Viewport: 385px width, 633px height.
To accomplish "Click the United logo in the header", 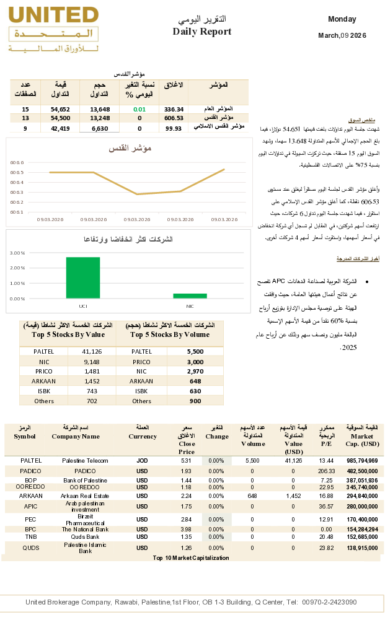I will click(x=53, y=30).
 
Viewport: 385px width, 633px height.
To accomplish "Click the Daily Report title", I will click(x=201, y=32).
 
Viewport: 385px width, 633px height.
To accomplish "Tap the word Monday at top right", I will click(x=342, y=20).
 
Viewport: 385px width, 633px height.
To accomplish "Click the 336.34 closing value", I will click(x=174, y=109).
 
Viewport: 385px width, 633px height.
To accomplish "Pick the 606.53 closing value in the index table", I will click(x=174, y=118).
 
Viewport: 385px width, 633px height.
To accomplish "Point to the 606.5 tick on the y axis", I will click(x=17, y=172).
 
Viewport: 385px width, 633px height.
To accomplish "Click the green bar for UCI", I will click(x=83, y=277).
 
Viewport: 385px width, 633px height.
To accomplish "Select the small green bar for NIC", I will click(x=190, y=295).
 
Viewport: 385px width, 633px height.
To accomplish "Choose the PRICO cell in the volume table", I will click(x=142, y=362).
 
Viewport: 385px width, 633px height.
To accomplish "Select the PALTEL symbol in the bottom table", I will click(x=31, y=461).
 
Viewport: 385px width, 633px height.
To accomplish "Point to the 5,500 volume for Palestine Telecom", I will click(x=252, y=461).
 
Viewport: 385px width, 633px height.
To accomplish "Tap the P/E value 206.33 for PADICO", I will click(x=326, y=471).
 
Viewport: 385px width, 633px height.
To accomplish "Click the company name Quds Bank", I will click(x=85, y=536).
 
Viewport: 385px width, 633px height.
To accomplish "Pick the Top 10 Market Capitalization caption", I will click(x=191, y=558).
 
